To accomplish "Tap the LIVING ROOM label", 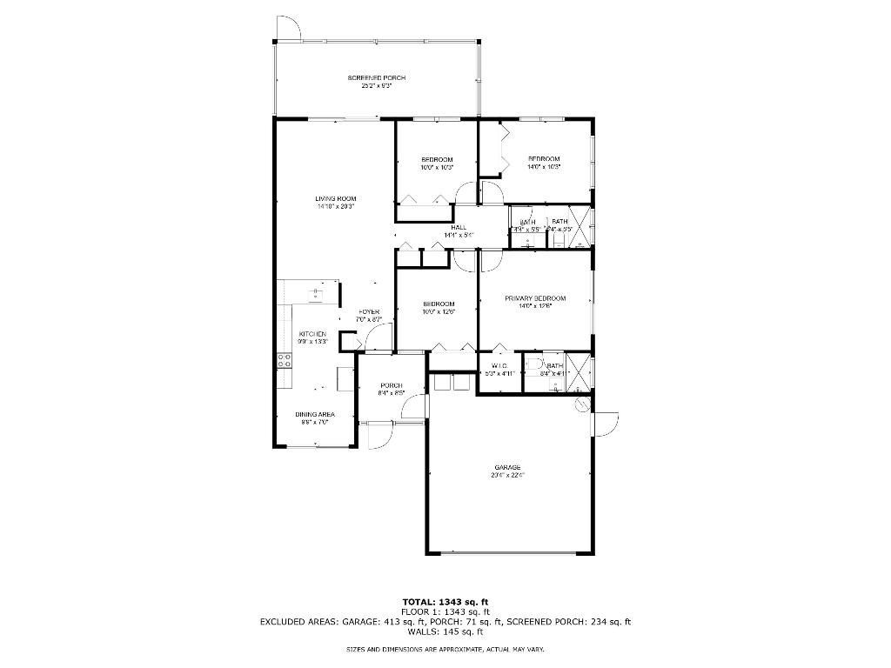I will click(x=335, y=199).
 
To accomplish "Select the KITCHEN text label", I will click(x=312, y=334).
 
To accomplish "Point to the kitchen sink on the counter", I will click(x=314, y=295).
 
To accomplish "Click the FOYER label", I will click(x=369, y=312).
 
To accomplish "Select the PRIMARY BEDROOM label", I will click(x=535, y=298).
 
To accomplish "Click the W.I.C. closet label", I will click(x=499, y=365).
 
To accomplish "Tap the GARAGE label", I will click(x=509, y=467).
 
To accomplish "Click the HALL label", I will click(x=459, y=228).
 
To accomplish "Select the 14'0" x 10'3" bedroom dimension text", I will click(x=544, y=166).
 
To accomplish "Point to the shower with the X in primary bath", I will click(x=580, y=371).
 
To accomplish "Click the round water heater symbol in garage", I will click(x=582, y=404).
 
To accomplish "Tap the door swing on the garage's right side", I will click(x=606, y=424).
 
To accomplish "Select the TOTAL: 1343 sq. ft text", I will click(x=445, y=601).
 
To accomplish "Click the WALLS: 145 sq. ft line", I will click(x=445, y=631).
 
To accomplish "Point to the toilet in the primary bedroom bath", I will click(x=534, y=364).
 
